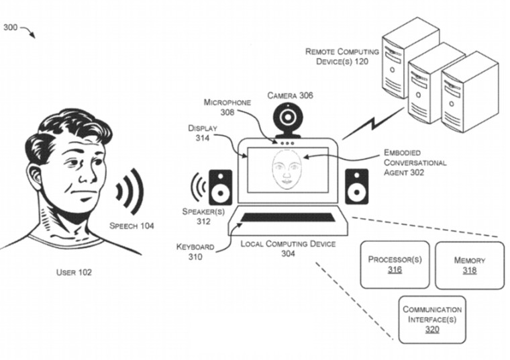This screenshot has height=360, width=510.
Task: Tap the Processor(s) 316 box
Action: tap(395, 265)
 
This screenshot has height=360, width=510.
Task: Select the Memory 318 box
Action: tap(469, 265)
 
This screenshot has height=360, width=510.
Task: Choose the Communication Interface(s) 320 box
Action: tap(431, 319)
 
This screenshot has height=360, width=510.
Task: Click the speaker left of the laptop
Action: tap(220, 187)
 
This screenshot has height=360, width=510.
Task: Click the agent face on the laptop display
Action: tap(287, 171)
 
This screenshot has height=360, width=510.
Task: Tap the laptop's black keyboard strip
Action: tap(289, 217)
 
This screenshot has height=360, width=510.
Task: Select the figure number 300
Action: tap(11, 28)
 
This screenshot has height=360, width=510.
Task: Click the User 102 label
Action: tap(73, 273)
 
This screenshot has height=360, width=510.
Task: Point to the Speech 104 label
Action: tap(132, 226)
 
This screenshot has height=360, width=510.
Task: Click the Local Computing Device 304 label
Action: tap(288, 249)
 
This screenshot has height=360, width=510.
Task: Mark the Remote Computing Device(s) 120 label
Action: tap(342, 56)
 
